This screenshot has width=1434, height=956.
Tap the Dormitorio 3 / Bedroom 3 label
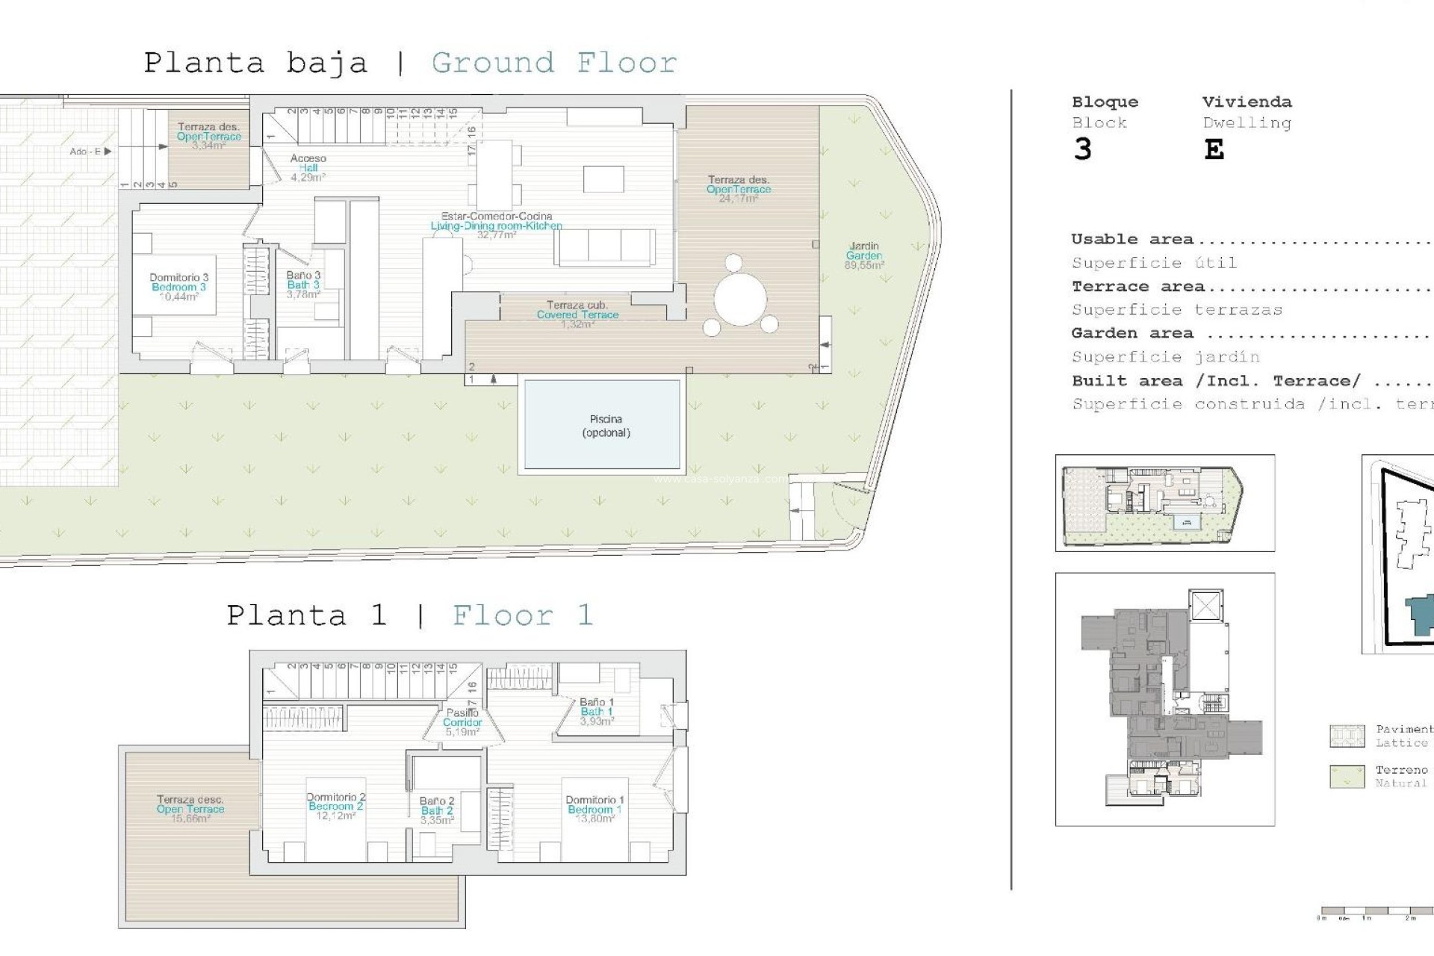click(x=179, y=287)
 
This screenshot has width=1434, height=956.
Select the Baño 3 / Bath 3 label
click(x=303, y=285)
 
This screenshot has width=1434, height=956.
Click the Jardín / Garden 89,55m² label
click(x=864, y=255)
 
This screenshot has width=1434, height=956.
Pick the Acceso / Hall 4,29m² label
click(x=308, y=168)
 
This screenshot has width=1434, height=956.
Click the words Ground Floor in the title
click(x=554, y=63)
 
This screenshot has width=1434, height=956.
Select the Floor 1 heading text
click(x=523, y=616)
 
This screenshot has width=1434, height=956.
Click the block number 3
click(x=1082, y=150)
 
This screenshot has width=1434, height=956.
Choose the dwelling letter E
click(x=1214, y=150)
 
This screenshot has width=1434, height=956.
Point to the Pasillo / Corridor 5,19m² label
click(x=462, y=722)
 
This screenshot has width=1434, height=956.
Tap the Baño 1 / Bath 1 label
click(x=597, y=712)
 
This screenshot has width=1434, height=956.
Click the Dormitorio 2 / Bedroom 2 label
click(x=335, y=806)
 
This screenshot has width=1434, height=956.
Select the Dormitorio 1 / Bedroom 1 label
click(x=595, y=809)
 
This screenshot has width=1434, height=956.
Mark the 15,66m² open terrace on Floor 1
click(x=190, y=809)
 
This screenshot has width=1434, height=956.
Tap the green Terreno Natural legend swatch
click(x=1347, y=776)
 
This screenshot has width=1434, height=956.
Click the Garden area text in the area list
click(x=1132, y=333)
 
